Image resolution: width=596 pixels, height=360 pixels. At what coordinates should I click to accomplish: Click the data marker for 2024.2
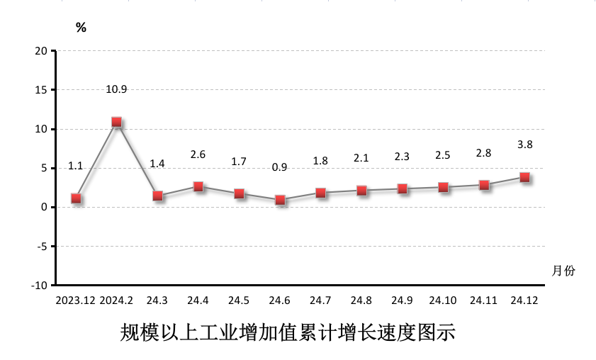[x=117, y=122]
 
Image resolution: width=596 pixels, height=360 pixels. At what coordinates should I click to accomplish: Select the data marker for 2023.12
[x=76, y=198]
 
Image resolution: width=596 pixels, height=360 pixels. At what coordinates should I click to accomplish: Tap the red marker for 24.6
[x=280, y=200]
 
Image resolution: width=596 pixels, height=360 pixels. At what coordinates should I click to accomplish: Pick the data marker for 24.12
[x=525, y=177]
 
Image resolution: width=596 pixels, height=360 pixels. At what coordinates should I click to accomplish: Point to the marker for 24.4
[x=198, y=186]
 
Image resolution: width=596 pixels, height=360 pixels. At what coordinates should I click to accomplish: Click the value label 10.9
[x=116, y=89]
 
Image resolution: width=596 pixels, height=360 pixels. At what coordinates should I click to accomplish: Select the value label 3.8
[x=525, y=145]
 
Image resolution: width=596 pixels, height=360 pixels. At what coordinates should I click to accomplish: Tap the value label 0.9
[x=280, y=167]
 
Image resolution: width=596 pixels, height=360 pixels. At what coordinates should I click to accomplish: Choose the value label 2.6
[x=198, y=154]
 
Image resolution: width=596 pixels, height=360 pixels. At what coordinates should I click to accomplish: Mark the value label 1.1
[x=76, y=166]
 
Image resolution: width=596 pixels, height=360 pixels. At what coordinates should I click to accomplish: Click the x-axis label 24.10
[x=443, y=300]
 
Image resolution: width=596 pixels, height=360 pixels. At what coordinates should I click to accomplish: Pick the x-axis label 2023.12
[x=76, y=300]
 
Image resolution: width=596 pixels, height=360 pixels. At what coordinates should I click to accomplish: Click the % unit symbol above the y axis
[x=81, y=28]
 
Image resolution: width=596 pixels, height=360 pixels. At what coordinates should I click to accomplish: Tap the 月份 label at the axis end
[x=563, y=271]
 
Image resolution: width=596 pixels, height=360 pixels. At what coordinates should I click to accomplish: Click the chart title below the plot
[x=287, y=332]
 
